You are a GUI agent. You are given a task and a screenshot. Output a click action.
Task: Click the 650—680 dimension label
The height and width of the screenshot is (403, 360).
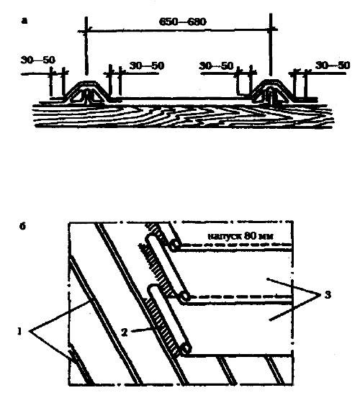[x=183, y=22]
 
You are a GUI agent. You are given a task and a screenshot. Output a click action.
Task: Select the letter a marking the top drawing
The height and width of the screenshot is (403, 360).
[x=24, y=21]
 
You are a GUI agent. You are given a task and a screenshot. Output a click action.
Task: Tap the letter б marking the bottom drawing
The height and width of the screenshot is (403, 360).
[x=22, y=227]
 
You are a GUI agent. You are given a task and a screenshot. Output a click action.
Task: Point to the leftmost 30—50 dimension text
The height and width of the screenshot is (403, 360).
[x=38, y=60]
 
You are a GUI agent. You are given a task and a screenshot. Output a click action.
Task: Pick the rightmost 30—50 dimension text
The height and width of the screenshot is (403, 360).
[x=333, y=65]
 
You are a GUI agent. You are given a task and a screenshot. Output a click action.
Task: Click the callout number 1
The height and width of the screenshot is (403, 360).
[x=19, y=332]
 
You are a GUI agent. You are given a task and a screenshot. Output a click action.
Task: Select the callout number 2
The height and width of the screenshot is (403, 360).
[x=124, y=332]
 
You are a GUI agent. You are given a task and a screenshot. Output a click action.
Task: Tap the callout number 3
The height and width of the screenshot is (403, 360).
[x=328, y=295]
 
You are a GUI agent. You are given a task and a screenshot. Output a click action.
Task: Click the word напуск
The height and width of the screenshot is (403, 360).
[x=224, y=236]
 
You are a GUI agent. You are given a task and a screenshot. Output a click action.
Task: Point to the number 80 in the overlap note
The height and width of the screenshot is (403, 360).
[x=250, y=235]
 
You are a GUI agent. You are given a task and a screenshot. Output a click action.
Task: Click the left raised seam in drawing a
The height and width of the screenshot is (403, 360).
[x=88, y=92]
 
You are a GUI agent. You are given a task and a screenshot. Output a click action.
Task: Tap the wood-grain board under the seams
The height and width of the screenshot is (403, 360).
[x=183, y=116]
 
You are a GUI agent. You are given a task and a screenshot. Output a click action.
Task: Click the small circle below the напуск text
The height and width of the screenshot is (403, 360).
[x=175, y=245]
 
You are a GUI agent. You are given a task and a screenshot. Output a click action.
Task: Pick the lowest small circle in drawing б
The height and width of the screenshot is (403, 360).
[x=186, y=349]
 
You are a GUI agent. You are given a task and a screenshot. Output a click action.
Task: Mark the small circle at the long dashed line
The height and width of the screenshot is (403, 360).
[x=185, y=297]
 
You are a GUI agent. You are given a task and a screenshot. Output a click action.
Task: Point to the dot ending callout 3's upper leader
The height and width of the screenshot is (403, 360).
[x=268, y=279]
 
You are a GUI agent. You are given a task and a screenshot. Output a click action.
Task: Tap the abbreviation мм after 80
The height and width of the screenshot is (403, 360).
[x=266, y=237]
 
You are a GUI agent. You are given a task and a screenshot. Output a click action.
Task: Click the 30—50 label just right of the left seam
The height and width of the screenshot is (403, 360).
[x=147, y=65]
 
